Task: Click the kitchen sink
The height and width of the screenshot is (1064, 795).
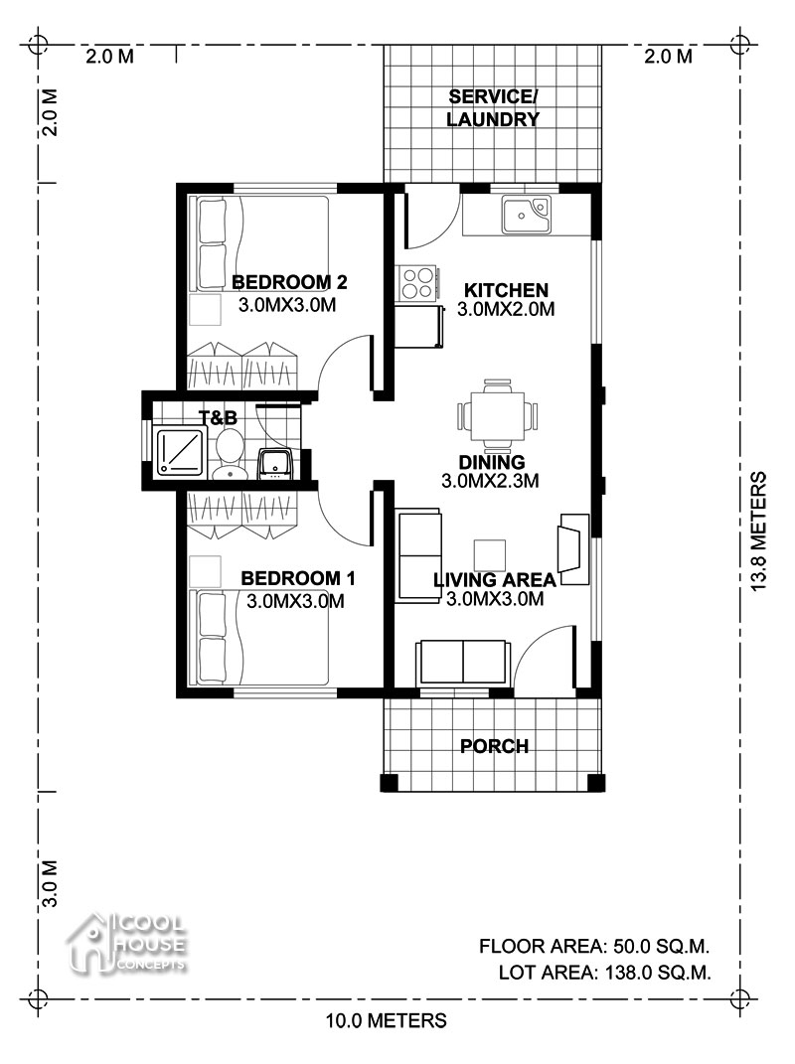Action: point(526,215)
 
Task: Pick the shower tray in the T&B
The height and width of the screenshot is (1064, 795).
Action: point(180,452)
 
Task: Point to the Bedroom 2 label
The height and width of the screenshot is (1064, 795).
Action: point(290,281)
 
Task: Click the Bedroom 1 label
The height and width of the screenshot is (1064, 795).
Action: point(298,578)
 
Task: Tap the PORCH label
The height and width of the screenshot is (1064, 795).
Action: point(494,746)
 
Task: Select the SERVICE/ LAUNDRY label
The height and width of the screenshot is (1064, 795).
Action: point(493,108)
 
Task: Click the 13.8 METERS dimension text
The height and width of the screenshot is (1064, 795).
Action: point(759,532)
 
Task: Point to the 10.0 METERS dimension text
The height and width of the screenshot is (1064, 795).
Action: point(387,1020)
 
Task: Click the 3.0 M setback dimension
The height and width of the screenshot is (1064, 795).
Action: point(50,884)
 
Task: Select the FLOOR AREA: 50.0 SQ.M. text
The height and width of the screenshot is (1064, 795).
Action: point(594,946)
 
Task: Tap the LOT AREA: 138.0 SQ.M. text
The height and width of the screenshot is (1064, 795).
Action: point(605,973)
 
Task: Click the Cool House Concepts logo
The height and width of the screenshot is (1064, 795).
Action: point(126,943)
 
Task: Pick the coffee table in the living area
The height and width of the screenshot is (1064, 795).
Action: point(490,555)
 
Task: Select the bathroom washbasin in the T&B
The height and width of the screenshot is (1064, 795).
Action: point(275,465)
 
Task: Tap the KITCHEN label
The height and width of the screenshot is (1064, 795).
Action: point(506,290)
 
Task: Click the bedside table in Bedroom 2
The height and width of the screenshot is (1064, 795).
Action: point(205,310)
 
